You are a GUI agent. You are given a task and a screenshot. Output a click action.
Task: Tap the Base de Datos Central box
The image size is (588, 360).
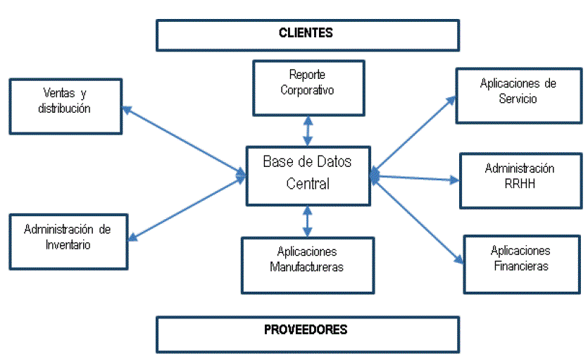tap(307, 175)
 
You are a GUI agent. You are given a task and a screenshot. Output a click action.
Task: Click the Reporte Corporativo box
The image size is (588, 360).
tap(307, 87)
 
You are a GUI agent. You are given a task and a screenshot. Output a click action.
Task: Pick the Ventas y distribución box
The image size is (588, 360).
tap(68, 104)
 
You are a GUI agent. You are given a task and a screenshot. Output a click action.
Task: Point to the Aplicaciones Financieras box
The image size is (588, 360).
tap(520, 263)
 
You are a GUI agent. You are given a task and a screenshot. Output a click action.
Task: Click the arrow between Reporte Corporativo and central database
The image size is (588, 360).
tap(307, 131)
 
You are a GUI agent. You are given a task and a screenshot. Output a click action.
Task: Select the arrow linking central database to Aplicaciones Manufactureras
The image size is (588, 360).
tap(307, 221)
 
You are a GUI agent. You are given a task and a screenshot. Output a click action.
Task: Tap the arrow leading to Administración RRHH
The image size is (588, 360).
tap(415, 178)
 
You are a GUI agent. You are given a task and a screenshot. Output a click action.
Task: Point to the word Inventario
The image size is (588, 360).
tap(68, 245)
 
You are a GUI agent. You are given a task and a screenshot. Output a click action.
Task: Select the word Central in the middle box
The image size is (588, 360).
tap(307, 184)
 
